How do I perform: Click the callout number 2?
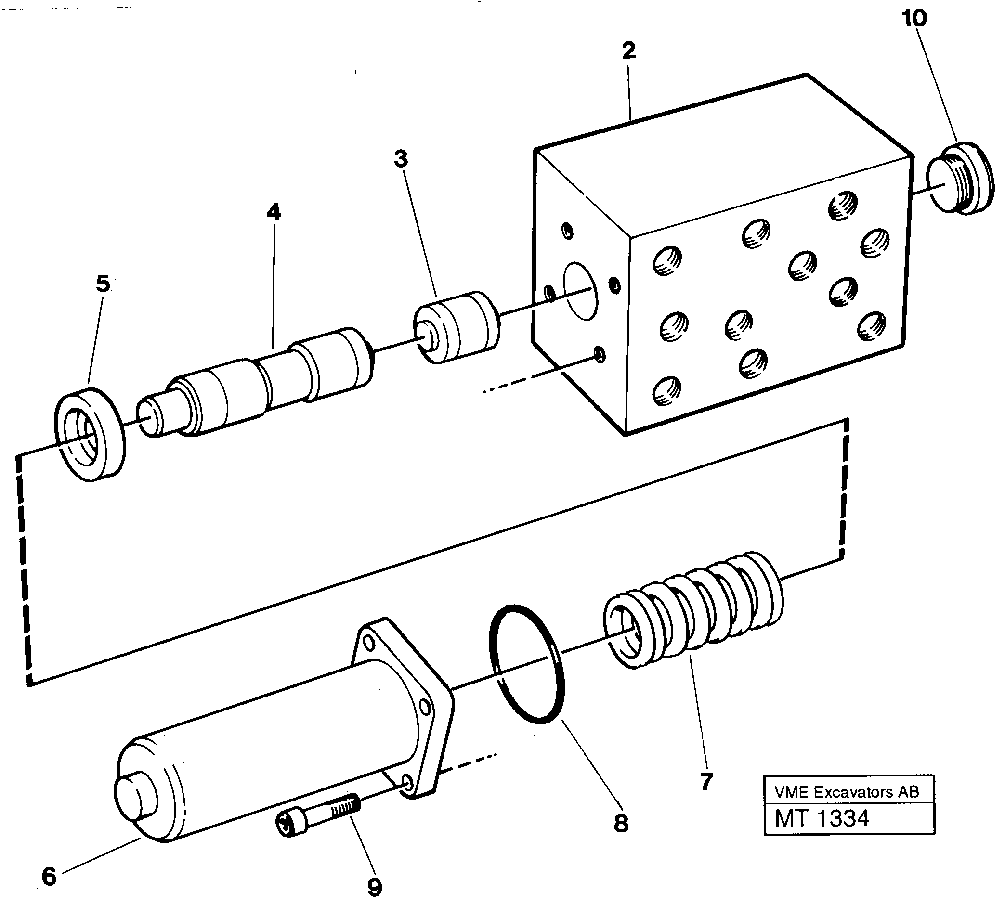click(x=628, y=51)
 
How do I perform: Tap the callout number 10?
click(x=914, y=19)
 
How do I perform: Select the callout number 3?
click(x=400, y=159)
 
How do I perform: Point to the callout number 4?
click(x=274, y=213)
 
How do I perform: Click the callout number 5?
click(x=103, y=284)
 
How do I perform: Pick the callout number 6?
click(x=49, y=877)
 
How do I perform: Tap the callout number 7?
click(x=706, y=782)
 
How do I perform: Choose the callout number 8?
click(x=621, y=824)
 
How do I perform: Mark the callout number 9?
click(x=374, y=887)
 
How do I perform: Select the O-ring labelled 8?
click(x=527, y=664)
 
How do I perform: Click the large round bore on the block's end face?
click(x=580, y=291)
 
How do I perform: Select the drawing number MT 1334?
click(x=822, y=818)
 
